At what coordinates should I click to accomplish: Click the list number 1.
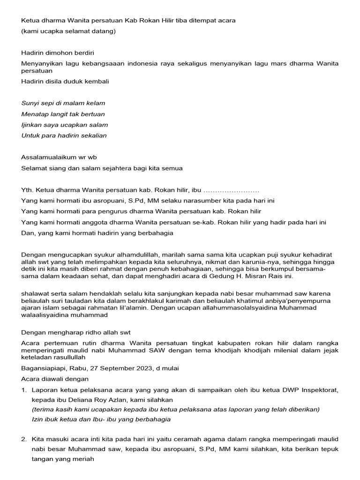[23, 390]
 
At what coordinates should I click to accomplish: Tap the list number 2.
[23, 439]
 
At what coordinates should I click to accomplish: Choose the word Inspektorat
[318, 390]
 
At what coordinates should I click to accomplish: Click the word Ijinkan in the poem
[32, 125]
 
